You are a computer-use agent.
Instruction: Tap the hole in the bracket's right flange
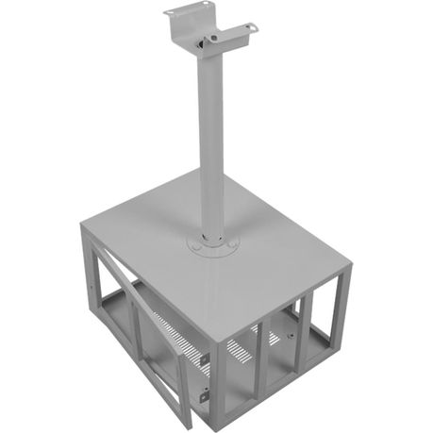tap(250, 27)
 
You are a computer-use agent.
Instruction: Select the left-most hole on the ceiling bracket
tap(170, 12)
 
